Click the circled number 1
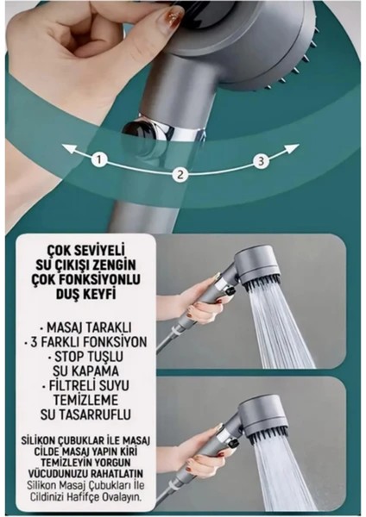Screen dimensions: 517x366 pos(100,159)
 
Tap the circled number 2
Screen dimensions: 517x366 pos(180,175)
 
